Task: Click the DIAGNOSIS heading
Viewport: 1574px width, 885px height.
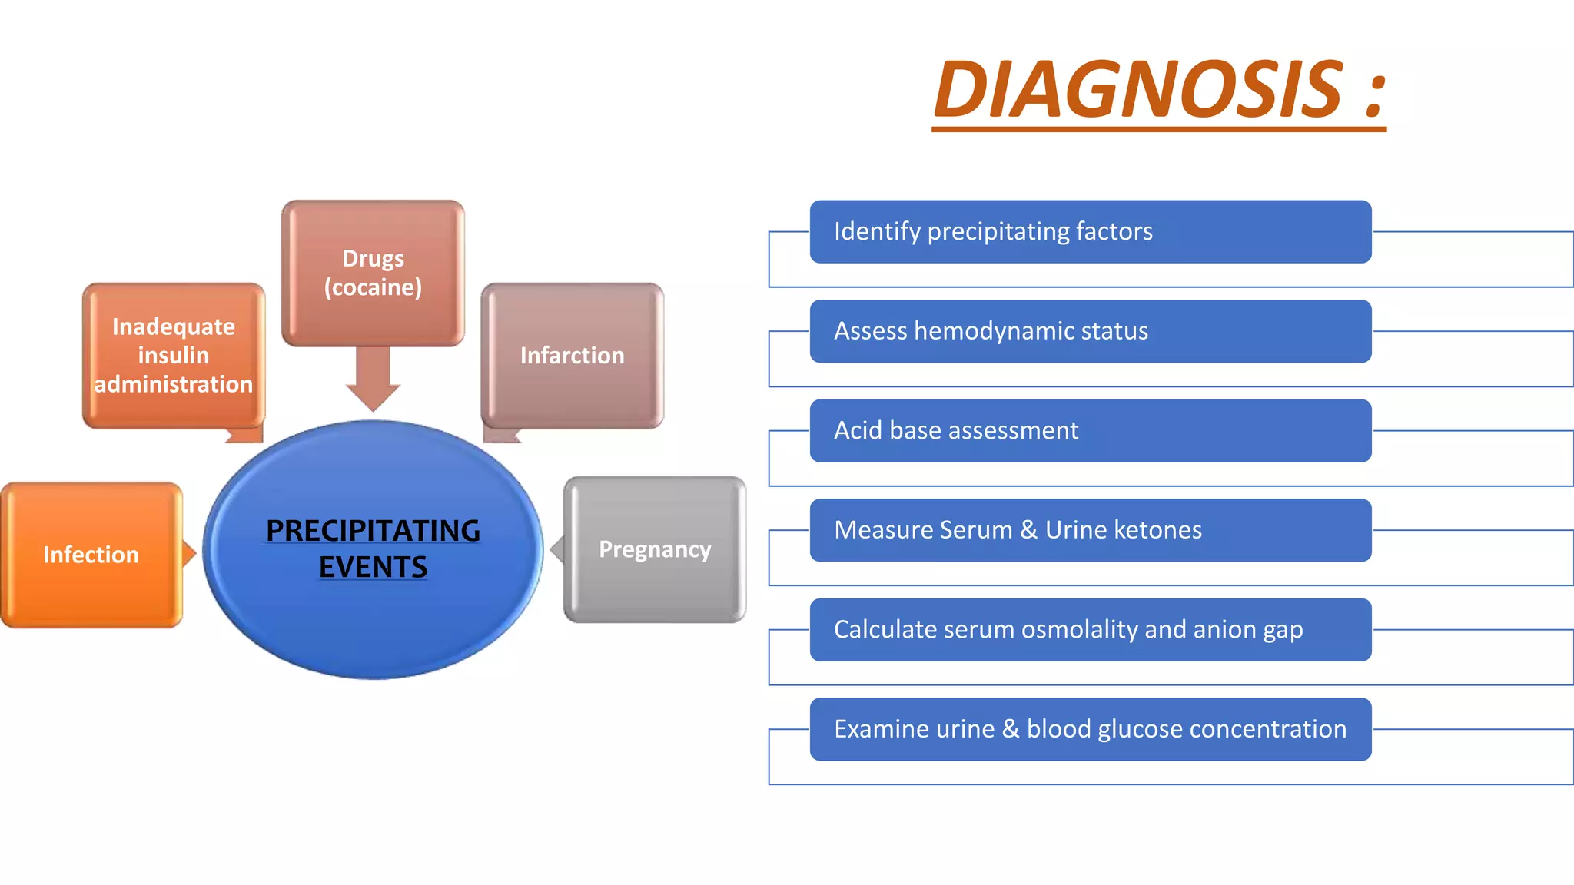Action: tap(1137, 90)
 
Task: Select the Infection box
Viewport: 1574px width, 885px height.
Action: tap(91, 555)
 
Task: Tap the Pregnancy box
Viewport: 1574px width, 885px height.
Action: tap(655, 549)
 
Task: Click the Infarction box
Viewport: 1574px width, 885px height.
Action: tap(573, 356)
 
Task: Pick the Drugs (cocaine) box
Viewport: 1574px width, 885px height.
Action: tap(373, 273)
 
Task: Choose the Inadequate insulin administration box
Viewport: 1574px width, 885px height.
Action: tap(174, 355)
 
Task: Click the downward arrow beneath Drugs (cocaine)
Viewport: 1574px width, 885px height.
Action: tap(373, 380)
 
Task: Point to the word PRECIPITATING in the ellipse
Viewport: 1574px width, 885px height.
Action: tap(373, 531)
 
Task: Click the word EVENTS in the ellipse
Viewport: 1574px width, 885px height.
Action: tap(373, 568)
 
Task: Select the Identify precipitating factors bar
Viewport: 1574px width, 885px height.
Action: tap(1090, 232)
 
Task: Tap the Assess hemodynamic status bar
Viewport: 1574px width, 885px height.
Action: tap(1090, 331)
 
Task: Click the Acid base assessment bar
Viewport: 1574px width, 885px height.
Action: tap(1090, 431)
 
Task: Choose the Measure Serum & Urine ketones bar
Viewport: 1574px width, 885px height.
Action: tap(1090, 530)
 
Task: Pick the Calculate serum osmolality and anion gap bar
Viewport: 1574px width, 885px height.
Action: tap(1090, 630)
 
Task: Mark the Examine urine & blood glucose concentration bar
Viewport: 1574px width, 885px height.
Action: tap(1090, 729)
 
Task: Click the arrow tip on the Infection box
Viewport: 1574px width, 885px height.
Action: tap(191, 553)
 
